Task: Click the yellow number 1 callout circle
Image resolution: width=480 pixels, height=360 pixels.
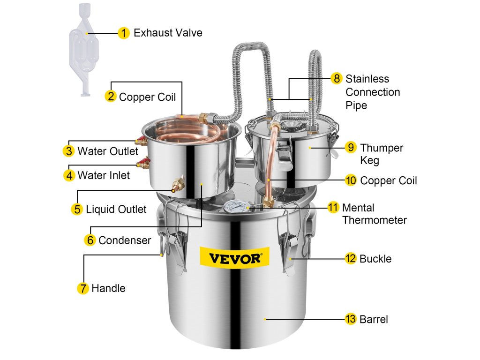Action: click(x=123, y=33)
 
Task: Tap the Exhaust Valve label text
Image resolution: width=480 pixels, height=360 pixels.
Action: click(x=168, y=33)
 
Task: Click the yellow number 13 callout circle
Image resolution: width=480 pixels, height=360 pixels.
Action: click(x=351, y=319)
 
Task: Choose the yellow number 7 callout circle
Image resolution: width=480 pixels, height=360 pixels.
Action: click(x=82, y=288)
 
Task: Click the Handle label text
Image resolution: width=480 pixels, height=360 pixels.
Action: click(x=108, y=288)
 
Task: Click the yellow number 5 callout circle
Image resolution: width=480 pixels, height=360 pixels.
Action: click(x=77, y=209)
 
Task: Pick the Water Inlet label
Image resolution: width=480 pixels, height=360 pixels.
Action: click(x=104, y=175)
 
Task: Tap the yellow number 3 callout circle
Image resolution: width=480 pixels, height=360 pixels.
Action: click(x=68, y=151)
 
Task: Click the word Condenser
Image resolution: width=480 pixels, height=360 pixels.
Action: click(x=125, y=240)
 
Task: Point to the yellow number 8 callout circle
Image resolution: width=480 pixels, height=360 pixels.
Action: click(x=336, y=78)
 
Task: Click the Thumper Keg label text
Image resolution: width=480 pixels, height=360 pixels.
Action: click(x=381, y=154)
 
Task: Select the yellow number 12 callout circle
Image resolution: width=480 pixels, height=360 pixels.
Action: click(x=351, y=258)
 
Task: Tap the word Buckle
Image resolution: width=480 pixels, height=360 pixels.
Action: click(x=375, y=258)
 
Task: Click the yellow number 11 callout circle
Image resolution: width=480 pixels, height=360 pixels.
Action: click(x=333, y=207)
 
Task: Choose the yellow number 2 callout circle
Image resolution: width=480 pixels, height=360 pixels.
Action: click(x=111, y=97)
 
